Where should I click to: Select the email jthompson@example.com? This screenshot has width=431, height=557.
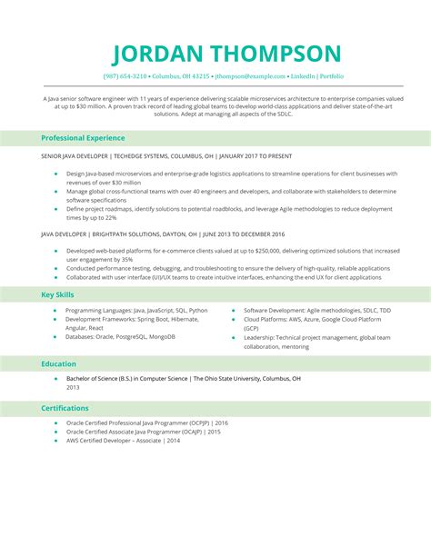coord(251,77)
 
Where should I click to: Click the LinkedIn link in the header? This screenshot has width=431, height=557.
coord(305,77)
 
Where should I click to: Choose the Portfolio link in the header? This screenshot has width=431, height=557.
coord(333,77)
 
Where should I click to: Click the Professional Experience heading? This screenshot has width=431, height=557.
coord(83,138)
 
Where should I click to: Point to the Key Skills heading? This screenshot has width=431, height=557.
coord(59,294)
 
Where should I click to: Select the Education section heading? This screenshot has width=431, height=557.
coord(58,363)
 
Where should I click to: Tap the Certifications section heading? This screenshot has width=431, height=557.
coord(65,408)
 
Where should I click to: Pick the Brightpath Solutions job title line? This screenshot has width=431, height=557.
coord(163,234)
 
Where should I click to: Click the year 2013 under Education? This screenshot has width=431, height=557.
coord(73,387)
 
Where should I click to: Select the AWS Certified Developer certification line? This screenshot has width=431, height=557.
coord(123,440)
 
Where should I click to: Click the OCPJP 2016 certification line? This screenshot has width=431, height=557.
coord(146,423)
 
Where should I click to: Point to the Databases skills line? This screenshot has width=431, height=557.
coord(120,336)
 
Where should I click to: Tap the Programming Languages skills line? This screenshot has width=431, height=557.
coord(136,310)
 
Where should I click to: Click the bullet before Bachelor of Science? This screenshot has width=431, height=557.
coord(55,378)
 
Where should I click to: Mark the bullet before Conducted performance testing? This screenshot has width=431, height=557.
coord(55,268)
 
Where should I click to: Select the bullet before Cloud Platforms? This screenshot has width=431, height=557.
coord(233,319)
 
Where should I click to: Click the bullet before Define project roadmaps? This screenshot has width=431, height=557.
coord(55,209)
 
